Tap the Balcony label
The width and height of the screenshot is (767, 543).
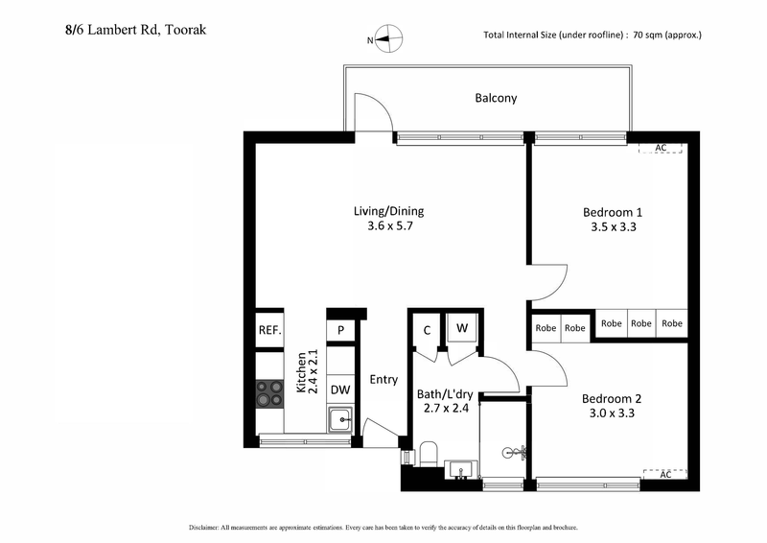(496, 98)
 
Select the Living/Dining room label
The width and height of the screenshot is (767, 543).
(388, 211)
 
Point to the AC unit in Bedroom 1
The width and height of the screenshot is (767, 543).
(660, 148)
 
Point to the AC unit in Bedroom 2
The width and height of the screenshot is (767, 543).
(665, 474)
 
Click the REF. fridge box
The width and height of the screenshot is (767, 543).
(269, 331)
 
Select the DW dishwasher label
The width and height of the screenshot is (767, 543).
(339, 390)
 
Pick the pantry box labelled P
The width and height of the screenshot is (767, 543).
(339, 331)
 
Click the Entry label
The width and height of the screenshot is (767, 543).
(383, 379)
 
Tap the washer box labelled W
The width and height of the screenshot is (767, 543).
(462, 328)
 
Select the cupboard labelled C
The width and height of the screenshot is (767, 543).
(427, 331)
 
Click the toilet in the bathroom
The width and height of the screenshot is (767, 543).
(429, 454)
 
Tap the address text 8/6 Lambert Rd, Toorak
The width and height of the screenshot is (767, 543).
(129, 30)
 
